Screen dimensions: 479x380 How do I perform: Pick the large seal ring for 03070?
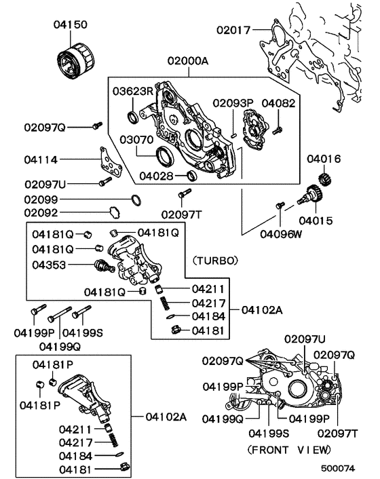164,157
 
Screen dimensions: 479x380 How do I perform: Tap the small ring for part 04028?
191,176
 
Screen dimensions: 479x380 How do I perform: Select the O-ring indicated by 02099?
136,200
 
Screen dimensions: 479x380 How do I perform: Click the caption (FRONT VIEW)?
289,449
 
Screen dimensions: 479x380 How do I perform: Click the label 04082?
278,103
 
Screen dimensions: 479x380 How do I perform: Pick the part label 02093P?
232,103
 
